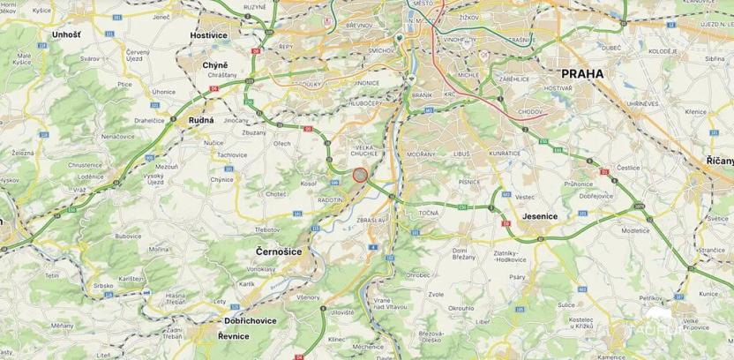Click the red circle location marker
(360, 175)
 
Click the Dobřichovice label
(249, 321)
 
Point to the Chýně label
(215, 66)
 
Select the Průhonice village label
(577, 183)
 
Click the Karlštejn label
(131, 278)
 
